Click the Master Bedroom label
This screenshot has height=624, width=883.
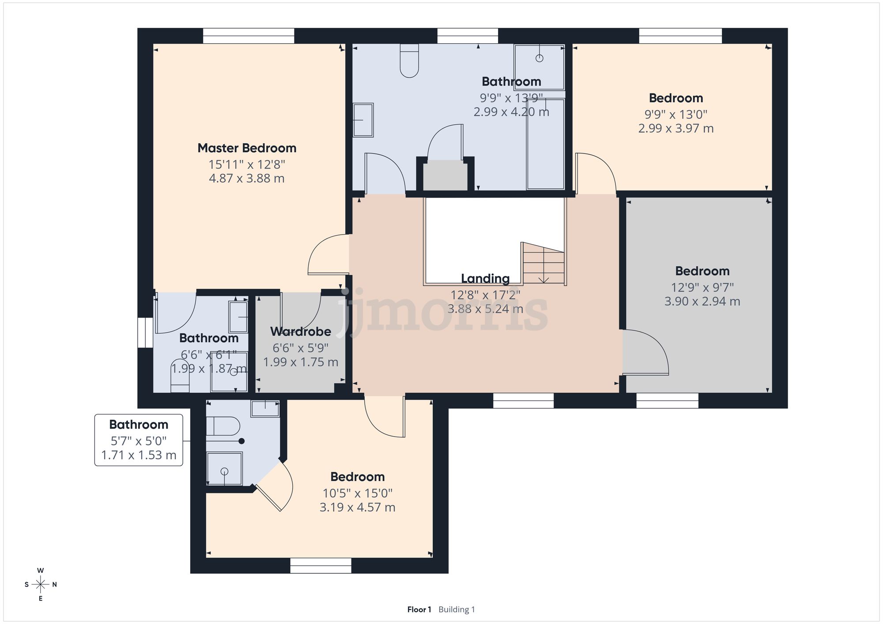click(247, 148)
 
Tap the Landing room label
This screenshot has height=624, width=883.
click(485, 279)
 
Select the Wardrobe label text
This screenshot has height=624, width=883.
click(301, 332)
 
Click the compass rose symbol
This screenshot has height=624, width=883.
click(41, 585)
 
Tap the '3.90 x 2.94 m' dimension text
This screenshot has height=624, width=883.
click(702, 302)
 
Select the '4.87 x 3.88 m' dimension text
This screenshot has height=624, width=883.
click(247, 179)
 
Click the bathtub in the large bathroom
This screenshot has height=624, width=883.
click(546, 144)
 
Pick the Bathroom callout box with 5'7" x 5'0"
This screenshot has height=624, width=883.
click(139, 440)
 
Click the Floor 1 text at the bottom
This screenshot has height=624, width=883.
click(419, 609)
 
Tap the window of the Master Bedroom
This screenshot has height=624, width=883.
click(249, 36)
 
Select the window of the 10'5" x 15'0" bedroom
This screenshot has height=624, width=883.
click(321, 565)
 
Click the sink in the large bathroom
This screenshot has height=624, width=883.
click(363, 120)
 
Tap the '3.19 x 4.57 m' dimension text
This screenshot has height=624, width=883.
click(357, 508)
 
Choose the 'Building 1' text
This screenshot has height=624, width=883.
click(457, 609)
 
